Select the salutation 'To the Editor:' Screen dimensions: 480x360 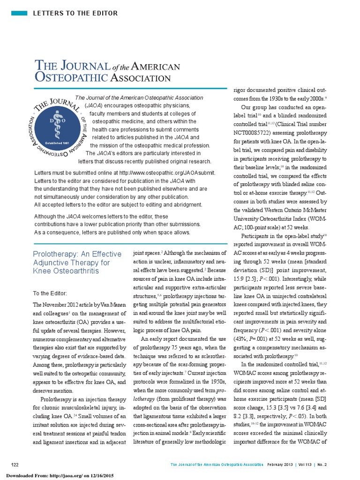pyautogui.click(x=50, y=293)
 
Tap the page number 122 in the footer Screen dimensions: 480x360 pyautogui.click(x=15, y=464)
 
